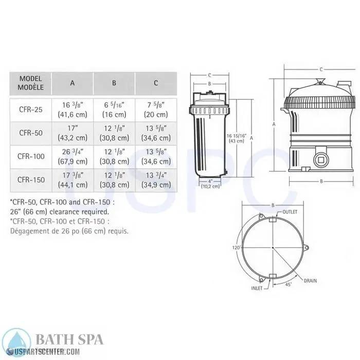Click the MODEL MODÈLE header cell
point(30,83)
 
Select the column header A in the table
point(72,83)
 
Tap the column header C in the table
point(156,83)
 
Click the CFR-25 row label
point(30,109)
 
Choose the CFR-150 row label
point(30,180)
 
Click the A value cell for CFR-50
point(72,133)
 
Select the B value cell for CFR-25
point(114,109)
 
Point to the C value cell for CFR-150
point(156,180)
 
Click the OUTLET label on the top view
point(291,212)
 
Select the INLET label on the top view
point(257,288)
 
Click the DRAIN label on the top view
point(310,281)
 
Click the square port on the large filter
point(321,159)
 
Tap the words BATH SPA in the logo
point(69,339)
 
